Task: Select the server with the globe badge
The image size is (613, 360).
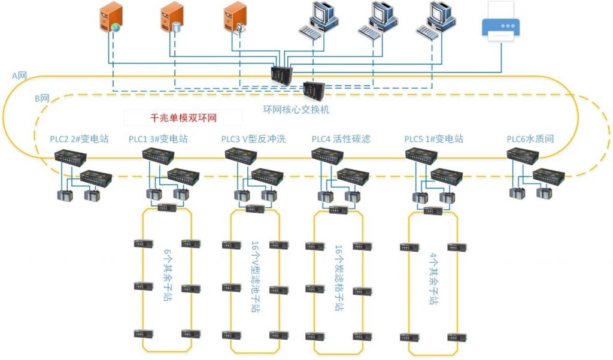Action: tap(111, 16)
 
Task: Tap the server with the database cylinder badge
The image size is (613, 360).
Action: tap(172, 17)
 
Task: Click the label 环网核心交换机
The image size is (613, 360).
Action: tap(296, 110)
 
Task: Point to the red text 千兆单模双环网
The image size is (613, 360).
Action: tap(183, 118)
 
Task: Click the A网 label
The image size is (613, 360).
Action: tap(19, 75)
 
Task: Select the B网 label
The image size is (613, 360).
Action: tap(42, 98)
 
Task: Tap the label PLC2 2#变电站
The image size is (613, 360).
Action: tap(80, 139)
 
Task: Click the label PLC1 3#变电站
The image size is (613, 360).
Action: tap(158, 139)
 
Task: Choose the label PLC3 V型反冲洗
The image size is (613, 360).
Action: tap(253, 139)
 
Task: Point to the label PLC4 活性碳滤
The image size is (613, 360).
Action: tap(341, 139)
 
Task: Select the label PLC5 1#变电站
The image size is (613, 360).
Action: tap(434, 139)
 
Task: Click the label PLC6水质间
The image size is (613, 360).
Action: tap(530, 139)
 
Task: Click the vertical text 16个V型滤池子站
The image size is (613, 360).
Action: tap(255, 277)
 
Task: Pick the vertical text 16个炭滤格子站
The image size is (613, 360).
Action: tap(339, 278)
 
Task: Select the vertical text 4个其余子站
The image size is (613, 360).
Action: tap(433, 279)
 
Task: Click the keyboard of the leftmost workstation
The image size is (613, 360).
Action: tap(310, 32)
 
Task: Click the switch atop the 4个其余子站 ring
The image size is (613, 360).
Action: tap(433, 211)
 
